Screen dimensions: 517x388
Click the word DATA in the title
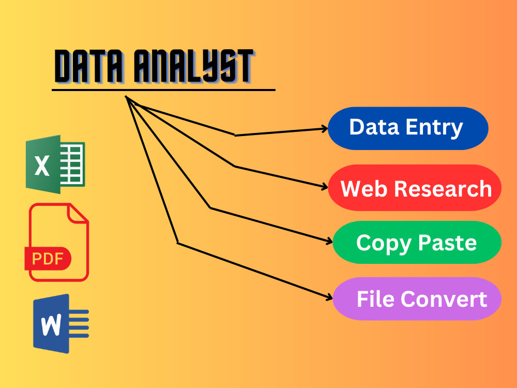pyautogui.click(x=89, y=66)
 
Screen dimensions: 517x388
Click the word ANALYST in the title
pyautogui.click(x=194, y=66)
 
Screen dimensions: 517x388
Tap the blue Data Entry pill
pyautogui.click(x=408, y=128)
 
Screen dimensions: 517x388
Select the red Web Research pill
pyautogui.click(x=415, y=188)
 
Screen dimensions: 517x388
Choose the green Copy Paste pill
pyautogui.click(x=417, y=243)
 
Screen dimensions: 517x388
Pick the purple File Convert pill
pyautogui.click(x=417, y=299)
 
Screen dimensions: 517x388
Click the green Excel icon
pyautogui.click(x=55, y=164)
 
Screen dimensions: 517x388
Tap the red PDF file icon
pyautogui.click(x=57, y=242)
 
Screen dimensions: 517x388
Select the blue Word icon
pyautogui.click(x=61, y=324)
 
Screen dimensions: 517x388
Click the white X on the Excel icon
pyautogui.click(x=42, y=166)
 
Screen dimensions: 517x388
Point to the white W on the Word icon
pyautogui.click(x=51, y=325)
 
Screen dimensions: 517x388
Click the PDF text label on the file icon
pyautogui.click(x=48, y=258)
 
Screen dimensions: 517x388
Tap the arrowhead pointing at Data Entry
pyautogui.click(x=325, y=128)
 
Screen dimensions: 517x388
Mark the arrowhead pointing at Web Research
pyautogui.click(x=325, y=187)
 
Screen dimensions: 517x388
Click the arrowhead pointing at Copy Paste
pyautogui.click(x=329, y=242)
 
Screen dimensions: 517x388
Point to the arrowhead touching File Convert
pyautogui.click(x=329, y=298)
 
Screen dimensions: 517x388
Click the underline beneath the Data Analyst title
pyautogui.click(x=163, y=89)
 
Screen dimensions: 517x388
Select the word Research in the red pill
pyautogui.click(x=443, y=189)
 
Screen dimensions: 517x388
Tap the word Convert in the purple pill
pyautogui.click(x=444, y=299)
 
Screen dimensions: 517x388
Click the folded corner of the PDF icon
pyautogui.click(x=78, y=213)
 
